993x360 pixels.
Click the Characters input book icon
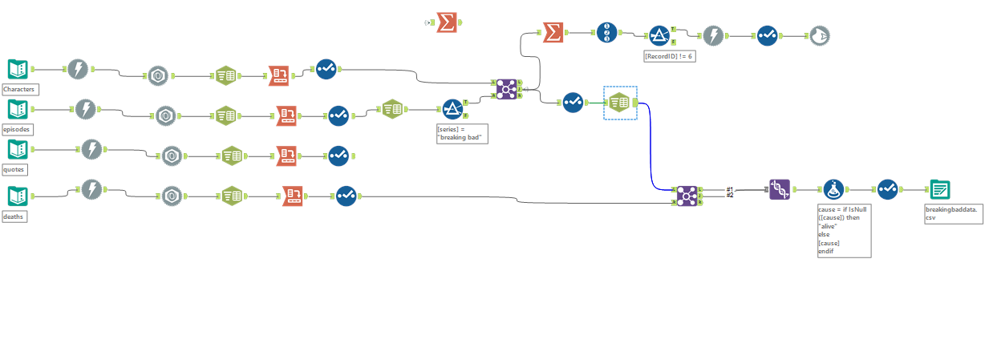coord(18,70)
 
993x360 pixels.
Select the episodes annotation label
coord(18,129)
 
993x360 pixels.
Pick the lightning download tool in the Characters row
coord(78,70)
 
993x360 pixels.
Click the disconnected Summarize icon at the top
coord(448,22)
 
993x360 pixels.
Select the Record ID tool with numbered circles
coord(607,33)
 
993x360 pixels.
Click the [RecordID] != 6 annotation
coord(668,56)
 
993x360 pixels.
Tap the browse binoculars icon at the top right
coord(819,34)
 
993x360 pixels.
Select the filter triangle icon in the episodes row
coord(453,109)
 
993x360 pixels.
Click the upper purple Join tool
coord(506,89)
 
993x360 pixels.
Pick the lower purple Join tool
coord(687,195)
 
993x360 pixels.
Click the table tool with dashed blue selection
coord(620,103)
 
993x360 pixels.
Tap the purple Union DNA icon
coord(780,189)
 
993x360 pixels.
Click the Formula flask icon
coord(835,190)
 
